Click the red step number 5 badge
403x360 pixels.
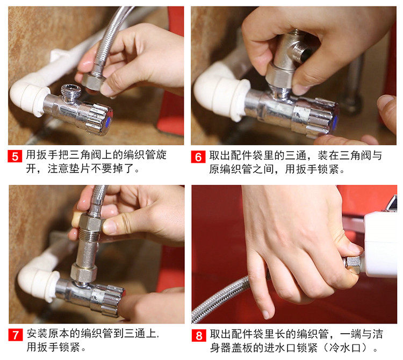(x=15, y=156)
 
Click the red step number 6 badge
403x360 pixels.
(x=198, y=157)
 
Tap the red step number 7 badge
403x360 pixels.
(x=16, y=335)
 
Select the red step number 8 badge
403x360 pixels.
(x=199, y=336)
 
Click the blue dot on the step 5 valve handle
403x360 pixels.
(x=109, y=121)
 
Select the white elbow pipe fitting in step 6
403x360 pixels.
(x=221, y=93)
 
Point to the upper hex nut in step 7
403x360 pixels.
(x=90, y=223)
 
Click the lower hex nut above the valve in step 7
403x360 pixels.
(x=84, y=272)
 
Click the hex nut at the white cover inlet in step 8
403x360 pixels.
(x=352, y=264)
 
